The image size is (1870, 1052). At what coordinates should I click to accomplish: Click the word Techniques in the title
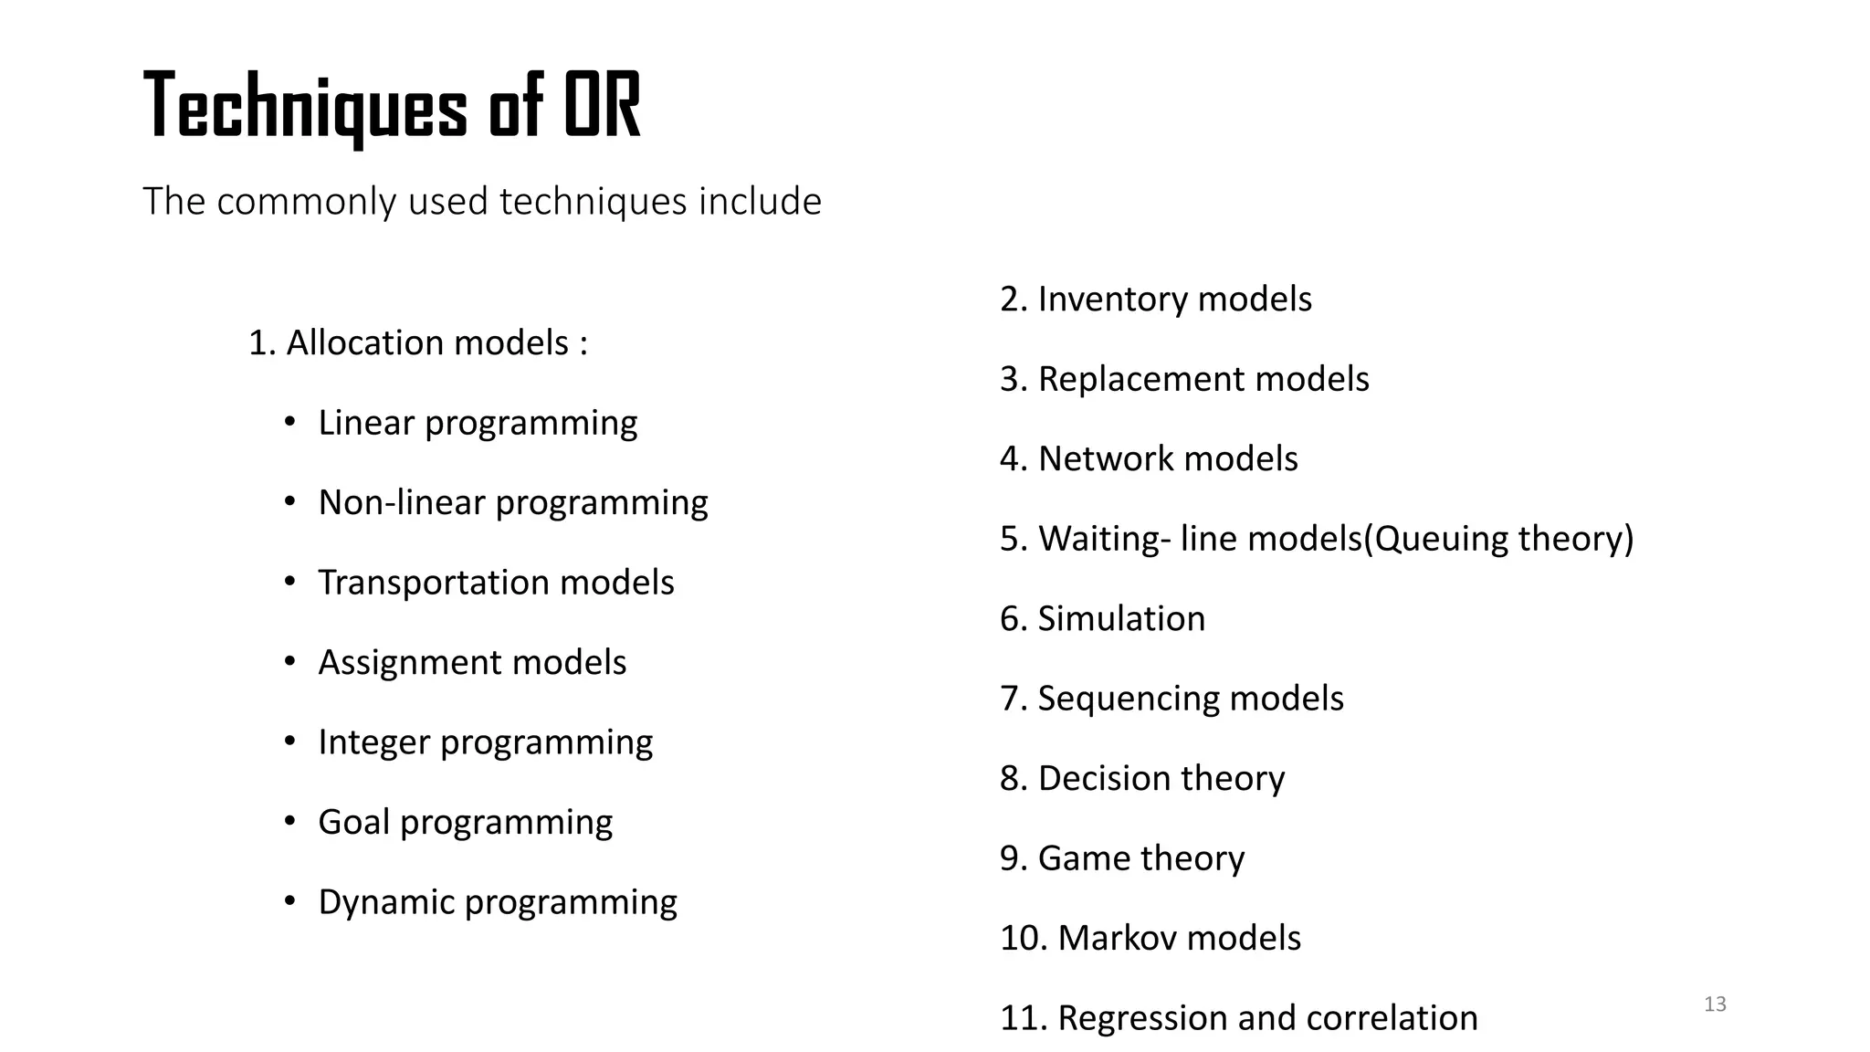[x=305, y=108]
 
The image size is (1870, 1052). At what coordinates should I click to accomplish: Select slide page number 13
[x=1715, y=1005]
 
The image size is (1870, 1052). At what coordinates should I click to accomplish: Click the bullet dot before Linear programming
[x=289, y=422]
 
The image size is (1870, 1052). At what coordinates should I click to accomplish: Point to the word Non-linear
[x=401, y=502]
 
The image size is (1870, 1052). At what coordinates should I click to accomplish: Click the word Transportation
[x=433, y=583]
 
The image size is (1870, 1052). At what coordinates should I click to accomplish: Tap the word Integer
[x=373, y=742]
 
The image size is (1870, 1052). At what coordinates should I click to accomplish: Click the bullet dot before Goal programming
[x=289, y=821]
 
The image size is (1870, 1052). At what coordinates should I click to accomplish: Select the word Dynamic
[x=385, y=902]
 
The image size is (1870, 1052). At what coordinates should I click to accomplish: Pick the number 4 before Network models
[x=1009, y=458]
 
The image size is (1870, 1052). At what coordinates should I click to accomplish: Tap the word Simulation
[x=1121, y=619]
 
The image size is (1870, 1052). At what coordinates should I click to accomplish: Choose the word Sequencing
[x=1128, y=699]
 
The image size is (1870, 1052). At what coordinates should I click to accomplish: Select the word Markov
[x=1115, y=938]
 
